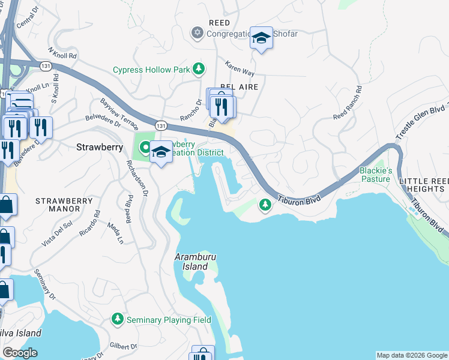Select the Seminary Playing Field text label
169,320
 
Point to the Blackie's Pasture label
375,175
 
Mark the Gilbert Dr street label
124,346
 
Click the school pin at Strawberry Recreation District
160,152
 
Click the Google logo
20,353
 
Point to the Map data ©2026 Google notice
412,355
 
